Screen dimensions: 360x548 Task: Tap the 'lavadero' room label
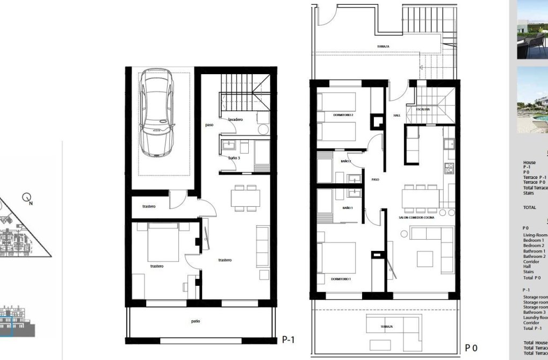coord(236,119)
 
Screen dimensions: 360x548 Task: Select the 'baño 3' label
coord(234,158)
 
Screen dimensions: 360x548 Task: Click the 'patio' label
coord(196,321)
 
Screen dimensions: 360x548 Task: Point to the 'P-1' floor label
coord(289,340)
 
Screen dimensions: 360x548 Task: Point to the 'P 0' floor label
coord(471,348)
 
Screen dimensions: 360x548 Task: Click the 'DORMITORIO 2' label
coord(343,115)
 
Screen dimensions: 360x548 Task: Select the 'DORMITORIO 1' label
coord(342,279)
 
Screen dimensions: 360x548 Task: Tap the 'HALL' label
coord(397,115)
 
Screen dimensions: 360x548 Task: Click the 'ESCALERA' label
coord(423,109)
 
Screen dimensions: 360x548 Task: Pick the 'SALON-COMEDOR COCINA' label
coord(416,217)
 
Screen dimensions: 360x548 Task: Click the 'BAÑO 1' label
coord(348,207)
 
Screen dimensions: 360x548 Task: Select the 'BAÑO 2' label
coord(345,161)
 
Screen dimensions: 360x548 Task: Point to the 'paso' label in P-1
coord(210,125)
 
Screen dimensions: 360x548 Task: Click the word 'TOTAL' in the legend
coord(529,207)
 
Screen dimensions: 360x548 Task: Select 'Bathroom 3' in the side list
coord(534,312)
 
